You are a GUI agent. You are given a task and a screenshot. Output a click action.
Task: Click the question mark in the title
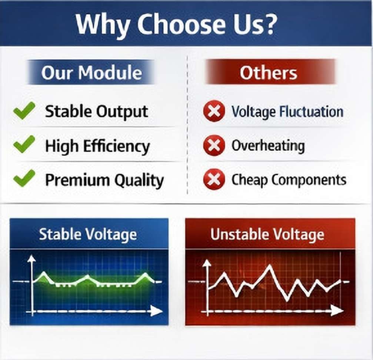269,23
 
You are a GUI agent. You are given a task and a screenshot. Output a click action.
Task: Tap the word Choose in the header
181,24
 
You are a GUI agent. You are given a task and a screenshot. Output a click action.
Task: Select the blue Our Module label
91,72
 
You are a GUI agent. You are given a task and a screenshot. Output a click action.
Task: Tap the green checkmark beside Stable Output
24,111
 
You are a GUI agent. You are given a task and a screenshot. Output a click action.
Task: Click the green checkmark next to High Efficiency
24,144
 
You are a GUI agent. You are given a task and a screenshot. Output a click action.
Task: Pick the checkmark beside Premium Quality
24,179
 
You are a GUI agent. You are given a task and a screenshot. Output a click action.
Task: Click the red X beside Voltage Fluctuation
214,111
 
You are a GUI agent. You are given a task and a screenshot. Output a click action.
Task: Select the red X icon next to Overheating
214,145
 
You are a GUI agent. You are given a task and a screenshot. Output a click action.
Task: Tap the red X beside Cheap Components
214,179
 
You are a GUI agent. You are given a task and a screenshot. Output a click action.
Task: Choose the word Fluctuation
312,111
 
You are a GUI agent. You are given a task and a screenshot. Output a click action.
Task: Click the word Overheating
268,146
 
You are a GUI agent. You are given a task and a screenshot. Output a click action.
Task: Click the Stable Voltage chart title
88,234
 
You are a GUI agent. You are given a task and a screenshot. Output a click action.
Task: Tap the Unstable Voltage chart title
267,234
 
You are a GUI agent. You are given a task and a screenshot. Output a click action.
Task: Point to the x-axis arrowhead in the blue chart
157,311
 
